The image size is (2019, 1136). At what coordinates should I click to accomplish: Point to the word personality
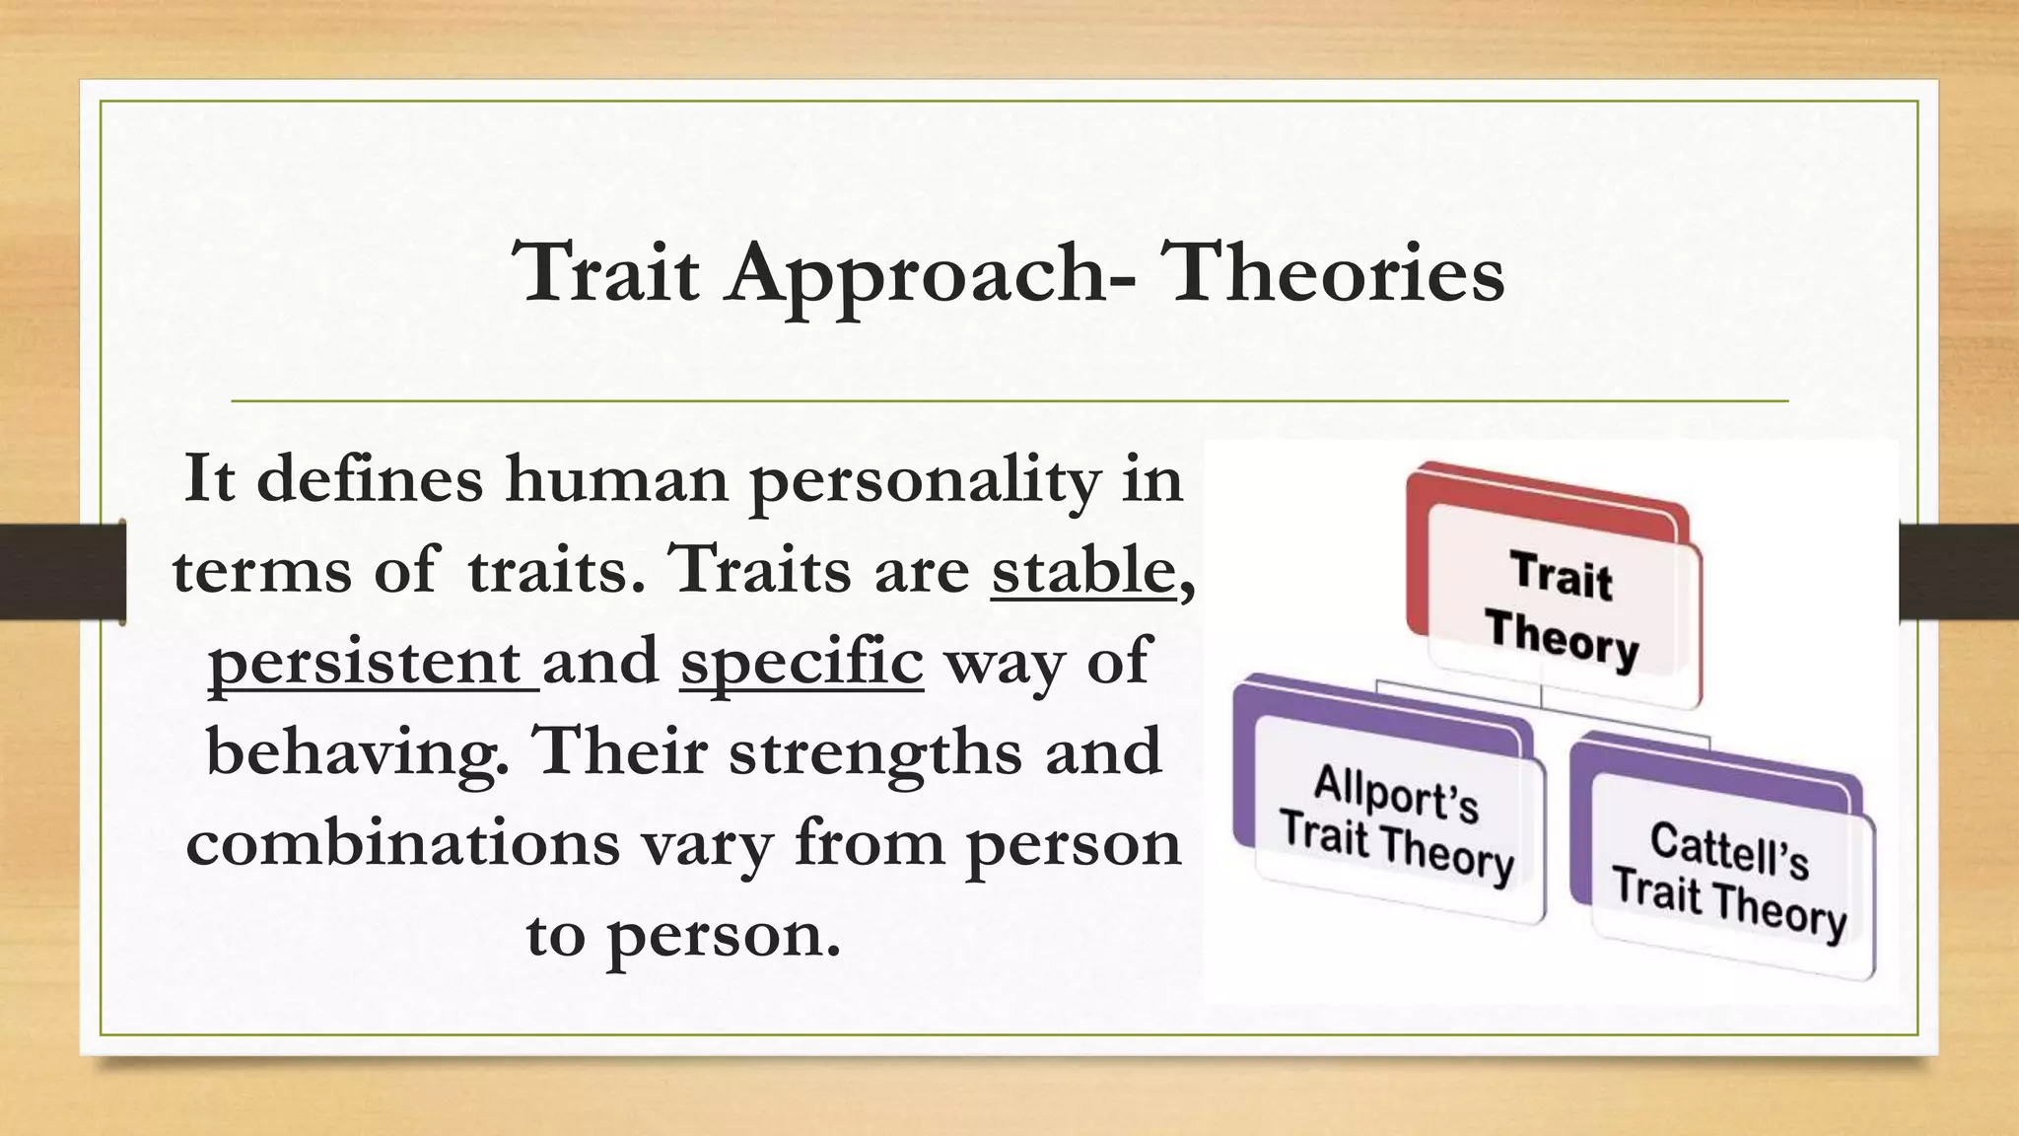924,481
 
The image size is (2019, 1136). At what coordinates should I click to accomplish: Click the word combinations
402,844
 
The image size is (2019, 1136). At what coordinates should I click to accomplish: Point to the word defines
370,479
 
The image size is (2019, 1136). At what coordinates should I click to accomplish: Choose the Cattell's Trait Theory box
1730,878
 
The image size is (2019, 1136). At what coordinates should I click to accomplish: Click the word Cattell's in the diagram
1730,850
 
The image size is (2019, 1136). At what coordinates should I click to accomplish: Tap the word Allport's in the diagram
1396,793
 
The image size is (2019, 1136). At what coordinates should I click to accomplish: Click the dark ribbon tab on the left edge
61,572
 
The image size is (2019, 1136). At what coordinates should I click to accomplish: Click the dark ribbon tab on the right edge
1958,572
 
